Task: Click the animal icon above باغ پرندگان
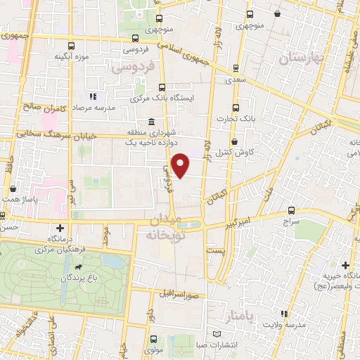point(76,267)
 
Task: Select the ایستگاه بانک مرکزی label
point(161,98)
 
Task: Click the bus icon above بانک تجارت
point(237,108)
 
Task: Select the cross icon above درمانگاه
point(59,228)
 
